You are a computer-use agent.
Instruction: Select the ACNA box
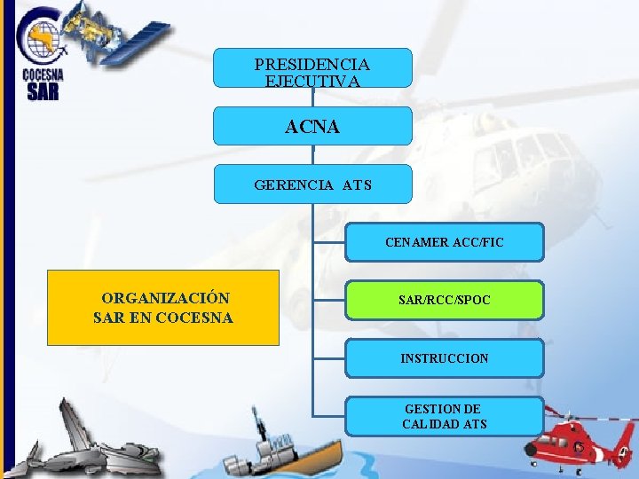point(312,126)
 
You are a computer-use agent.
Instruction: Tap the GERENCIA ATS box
point(312,185)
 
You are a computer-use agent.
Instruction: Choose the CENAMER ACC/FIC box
point(444,241)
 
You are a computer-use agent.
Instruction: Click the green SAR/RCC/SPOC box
point(444,301)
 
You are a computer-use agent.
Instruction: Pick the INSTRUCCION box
point(444,358)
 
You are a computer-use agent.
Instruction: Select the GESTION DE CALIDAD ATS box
point(444,416)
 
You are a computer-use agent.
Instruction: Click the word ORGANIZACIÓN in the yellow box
point(166,298)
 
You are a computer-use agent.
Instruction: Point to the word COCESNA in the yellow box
point(193,318)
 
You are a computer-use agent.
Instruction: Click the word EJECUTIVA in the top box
point(312,81)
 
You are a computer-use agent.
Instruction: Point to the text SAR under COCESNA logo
point(43,91)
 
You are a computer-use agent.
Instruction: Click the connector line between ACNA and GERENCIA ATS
point(313,154)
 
